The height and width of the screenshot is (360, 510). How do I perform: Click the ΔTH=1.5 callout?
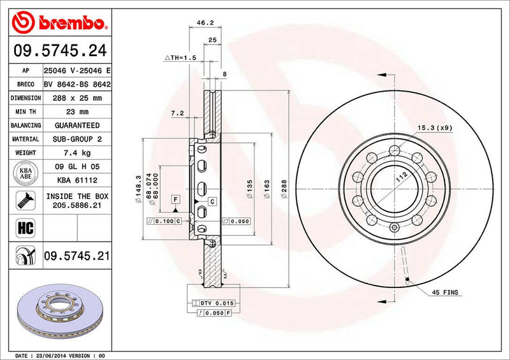(181, 58)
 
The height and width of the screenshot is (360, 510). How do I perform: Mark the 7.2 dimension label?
(178, 113)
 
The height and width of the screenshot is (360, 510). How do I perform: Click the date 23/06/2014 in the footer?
(54, 354)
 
